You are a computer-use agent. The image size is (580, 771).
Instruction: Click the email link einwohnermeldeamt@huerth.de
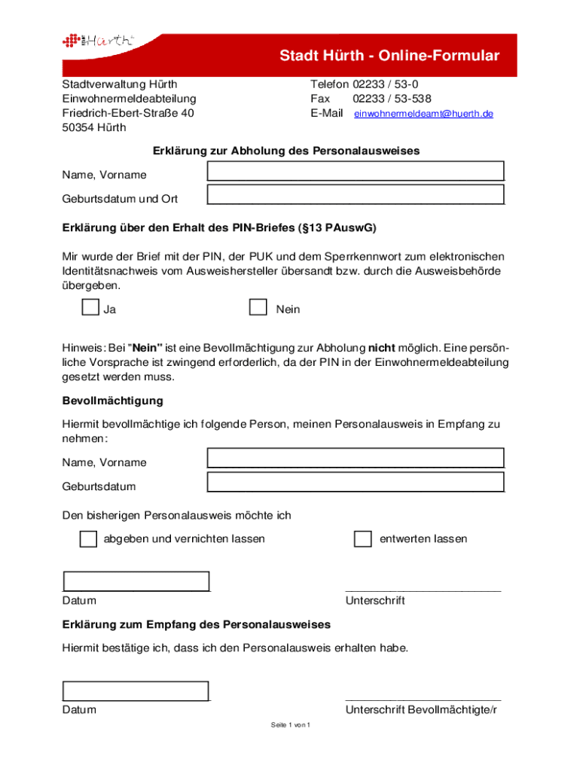423,114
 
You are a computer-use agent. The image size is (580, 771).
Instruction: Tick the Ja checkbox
90,307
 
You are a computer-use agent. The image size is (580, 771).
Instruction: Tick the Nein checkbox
258,307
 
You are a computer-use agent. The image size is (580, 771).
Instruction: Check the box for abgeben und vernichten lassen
88,539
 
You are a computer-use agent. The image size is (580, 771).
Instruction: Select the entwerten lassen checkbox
363,539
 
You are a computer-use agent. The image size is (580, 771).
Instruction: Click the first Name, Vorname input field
356,171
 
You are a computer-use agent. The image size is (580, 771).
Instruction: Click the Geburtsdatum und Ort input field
356,195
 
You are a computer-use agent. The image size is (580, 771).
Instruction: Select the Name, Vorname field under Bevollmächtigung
356,458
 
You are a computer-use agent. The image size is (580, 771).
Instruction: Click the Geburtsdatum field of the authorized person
356,482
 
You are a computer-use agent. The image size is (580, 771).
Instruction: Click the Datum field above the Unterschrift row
136,581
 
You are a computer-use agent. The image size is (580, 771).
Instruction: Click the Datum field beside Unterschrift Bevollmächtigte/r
136,690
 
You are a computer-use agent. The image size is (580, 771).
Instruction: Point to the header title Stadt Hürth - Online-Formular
389,56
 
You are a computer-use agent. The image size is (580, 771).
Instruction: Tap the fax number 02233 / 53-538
392,99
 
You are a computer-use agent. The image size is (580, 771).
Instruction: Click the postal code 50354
78,127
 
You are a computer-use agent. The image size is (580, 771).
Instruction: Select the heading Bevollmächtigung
112,401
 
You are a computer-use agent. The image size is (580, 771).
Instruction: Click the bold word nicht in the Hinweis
381,349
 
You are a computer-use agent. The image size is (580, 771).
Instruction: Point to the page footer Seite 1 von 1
291,725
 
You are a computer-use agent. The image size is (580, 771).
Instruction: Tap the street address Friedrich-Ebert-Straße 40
128,113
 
